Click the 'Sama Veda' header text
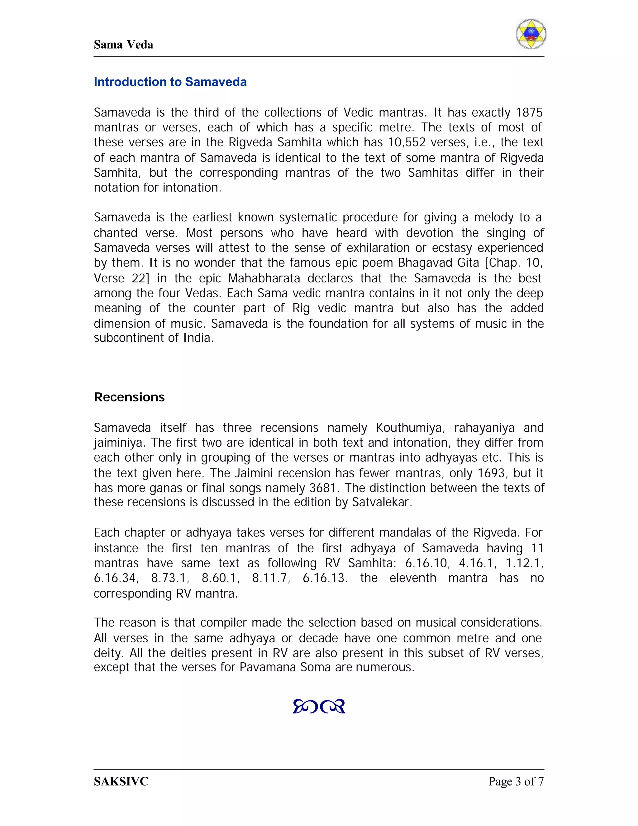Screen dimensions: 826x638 123,45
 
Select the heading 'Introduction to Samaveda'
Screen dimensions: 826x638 170,82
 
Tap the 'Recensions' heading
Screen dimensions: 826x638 129,397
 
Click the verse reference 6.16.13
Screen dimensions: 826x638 325,578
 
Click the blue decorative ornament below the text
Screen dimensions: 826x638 319,706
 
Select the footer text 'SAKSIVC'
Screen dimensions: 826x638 121,781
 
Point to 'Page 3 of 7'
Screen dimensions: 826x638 516,781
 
